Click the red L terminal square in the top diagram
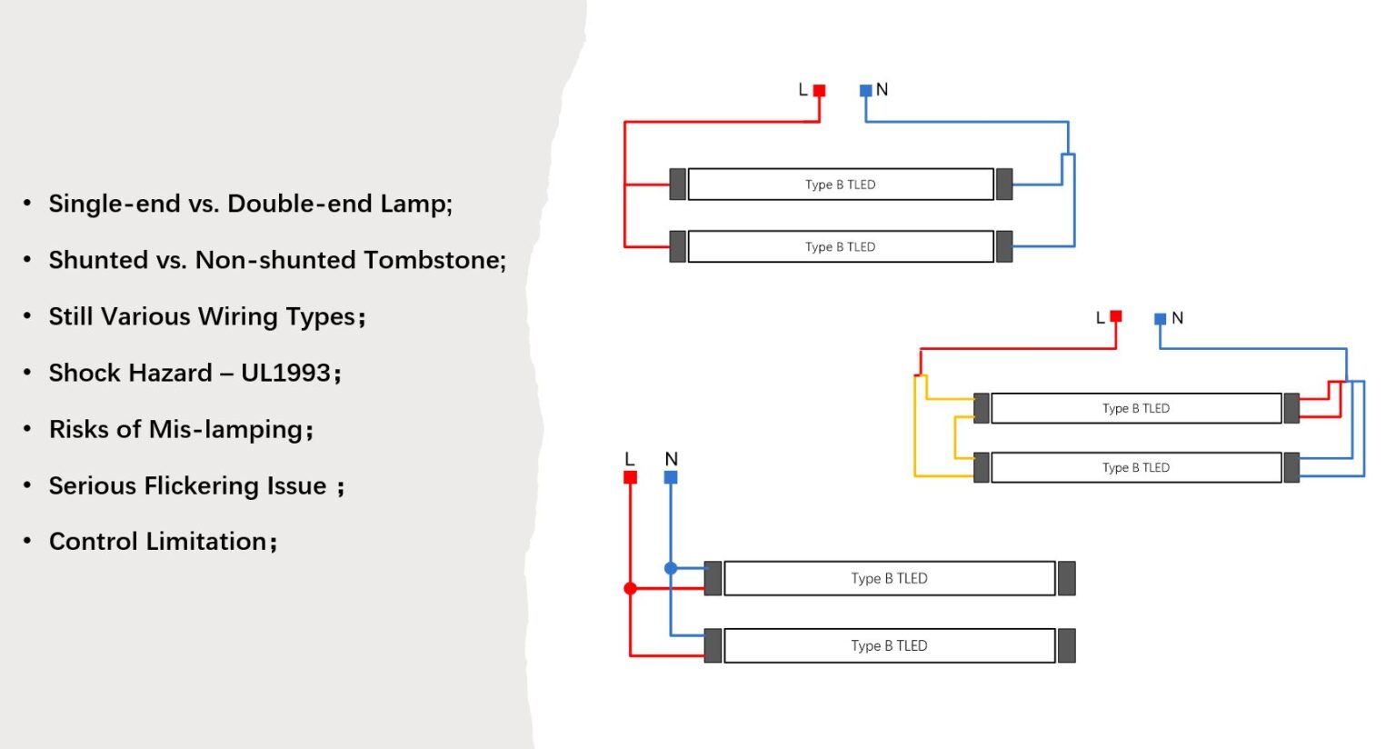tap(819, 91)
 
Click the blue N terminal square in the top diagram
tap(865, 91)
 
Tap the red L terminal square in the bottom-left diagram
tap(630, 477)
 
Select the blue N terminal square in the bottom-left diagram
tap(671, 477)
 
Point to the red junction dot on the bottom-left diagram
tap(630, 588)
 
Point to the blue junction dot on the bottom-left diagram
tap(671, 568)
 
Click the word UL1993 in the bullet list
tap(285, 373)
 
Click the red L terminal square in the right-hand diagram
tap(1116, 316)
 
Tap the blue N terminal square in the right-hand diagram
tap(1160, 319)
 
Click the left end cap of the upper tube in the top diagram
tap(677, 185)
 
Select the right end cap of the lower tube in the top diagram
tap(1004, 246)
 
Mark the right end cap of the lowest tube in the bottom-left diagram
tap(1067, 645)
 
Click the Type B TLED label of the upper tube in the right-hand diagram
tap(1136, 408)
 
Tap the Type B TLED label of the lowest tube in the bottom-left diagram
tap(889, 645)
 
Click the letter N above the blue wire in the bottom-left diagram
tap(672, 459)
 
